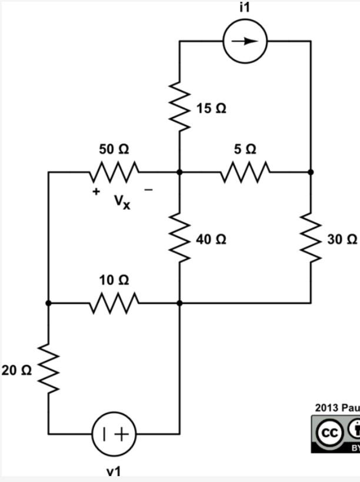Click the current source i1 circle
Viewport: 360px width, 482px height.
pyautogui.click(x=245, y=41)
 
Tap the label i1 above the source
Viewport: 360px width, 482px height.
pyautogui.click(x=245, y=7)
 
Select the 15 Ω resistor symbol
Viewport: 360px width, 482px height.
pyautogui.click(x=180, y=107)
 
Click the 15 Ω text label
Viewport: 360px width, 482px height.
pyautogui.click(x=211, y=109)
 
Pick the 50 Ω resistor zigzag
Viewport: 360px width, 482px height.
pyautogui.click(x=114, y=172)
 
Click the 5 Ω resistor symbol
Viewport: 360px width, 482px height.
pyautogui.click(x=245, y=172)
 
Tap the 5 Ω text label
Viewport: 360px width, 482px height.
pyautogui.click(x=245, y=149)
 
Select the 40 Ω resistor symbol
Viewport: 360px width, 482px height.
pyautogui.click(x=180, y=238)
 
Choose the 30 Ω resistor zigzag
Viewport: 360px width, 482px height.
pyautogui.click(x=311, y=238)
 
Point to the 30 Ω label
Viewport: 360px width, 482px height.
pyautogui.click(x=342, y=240)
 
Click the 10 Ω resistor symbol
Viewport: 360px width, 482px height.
pyautogui.click(x=114, y=303)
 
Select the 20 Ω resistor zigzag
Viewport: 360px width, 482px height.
pyautogui.click(x=49, y=369)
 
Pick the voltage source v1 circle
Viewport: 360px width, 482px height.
pyautogui.click(x=114, y=434)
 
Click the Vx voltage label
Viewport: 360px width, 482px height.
pyautogui.click(x=122, y=202)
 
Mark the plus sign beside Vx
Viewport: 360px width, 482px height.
pyautogui.click(x=95, y=191)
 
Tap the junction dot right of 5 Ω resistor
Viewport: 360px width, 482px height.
pyautogui.click(x=311, y=172)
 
